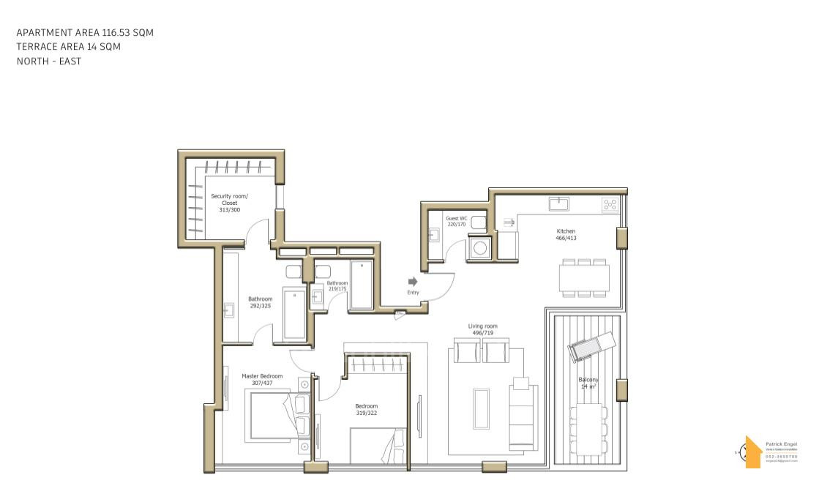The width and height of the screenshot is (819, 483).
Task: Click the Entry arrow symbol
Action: click(413, 281)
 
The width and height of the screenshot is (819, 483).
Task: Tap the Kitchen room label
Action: click(566, 231)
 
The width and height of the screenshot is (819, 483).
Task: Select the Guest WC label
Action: click(456, 218)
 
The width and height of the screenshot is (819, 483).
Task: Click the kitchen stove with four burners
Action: click(610, 204)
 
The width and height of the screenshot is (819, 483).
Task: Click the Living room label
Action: click(483, 326)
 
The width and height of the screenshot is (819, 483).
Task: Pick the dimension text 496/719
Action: click(483, 333)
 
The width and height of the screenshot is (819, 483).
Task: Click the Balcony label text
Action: click(589, 380)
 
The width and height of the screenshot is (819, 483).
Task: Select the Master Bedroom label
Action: click(262, 376)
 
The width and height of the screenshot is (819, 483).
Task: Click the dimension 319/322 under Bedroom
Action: click(367, 413)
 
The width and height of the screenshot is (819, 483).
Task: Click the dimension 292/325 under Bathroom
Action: click(260, 306)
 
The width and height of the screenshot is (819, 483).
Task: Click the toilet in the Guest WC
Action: click(478, 222)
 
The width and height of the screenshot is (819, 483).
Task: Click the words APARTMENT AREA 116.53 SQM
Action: click(85, 32)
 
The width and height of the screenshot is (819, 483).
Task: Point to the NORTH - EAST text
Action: click(49, 61)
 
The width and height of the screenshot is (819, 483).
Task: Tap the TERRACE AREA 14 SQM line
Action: click(69, 47)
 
